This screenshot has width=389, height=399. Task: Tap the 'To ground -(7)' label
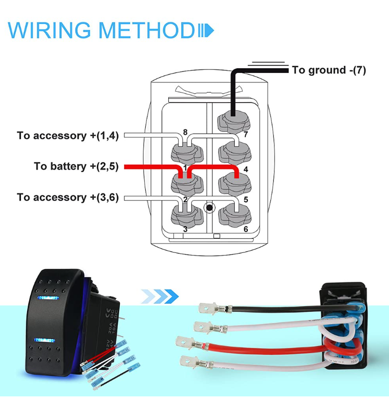point(329,70)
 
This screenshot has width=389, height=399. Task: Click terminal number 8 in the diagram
point(185,132)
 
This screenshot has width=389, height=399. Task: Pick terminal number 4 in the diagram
point(245,169)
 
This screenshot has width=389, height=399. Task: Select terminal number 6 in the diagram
point(245,228)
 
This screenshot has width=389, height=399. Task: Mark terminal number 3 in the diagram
point(185,228)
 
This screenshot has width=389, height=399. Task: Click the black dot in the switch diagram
point(209,208)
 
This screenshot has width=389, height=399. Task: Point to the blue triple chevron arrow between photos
point(161,296)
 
